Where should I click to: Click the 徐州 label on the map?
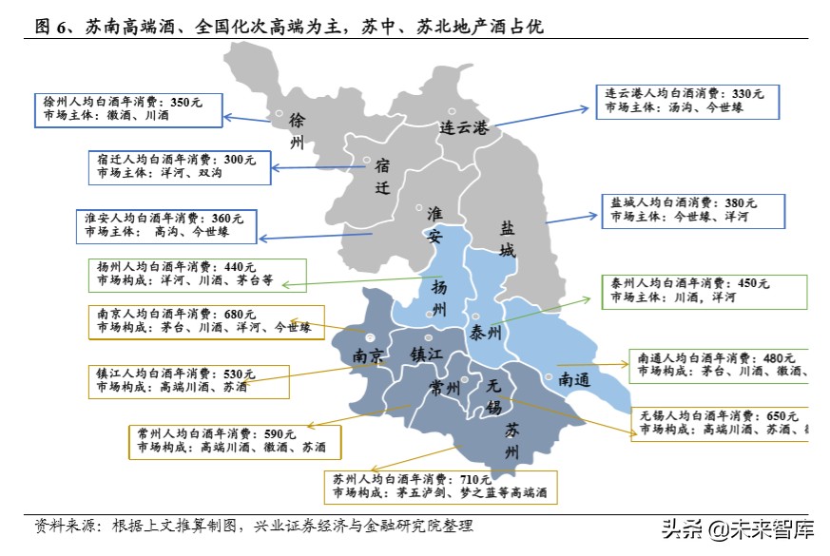(297, 132)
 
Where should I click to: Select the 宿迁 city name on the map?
(382, 177)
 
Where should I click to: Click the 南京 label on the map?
(368, 357)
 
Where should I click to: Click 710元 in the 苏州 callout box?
(473, 478)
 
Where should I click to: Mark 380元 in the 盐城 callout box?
(740, 202)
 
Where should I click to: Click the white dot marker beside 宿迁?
(366, 161)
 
